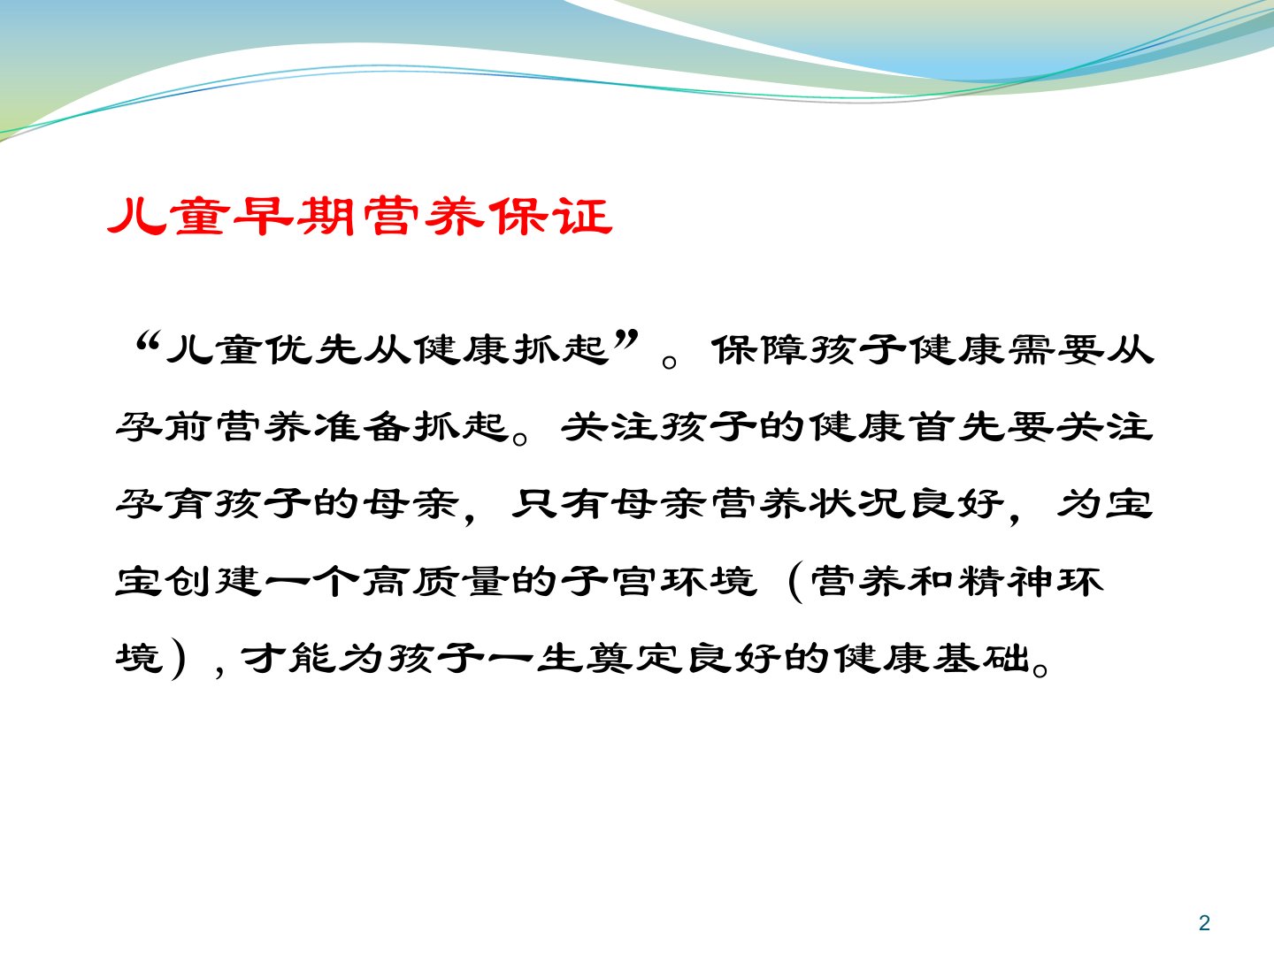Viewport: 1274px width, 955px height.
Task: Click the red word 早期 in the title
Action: click(x=295, y=217)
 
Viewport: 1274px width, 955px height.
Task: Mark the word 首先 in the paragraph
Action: click(x=956, y=427)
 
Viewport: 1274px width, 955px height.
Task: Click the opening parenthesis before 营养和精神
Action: click(x=794, y=582)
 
